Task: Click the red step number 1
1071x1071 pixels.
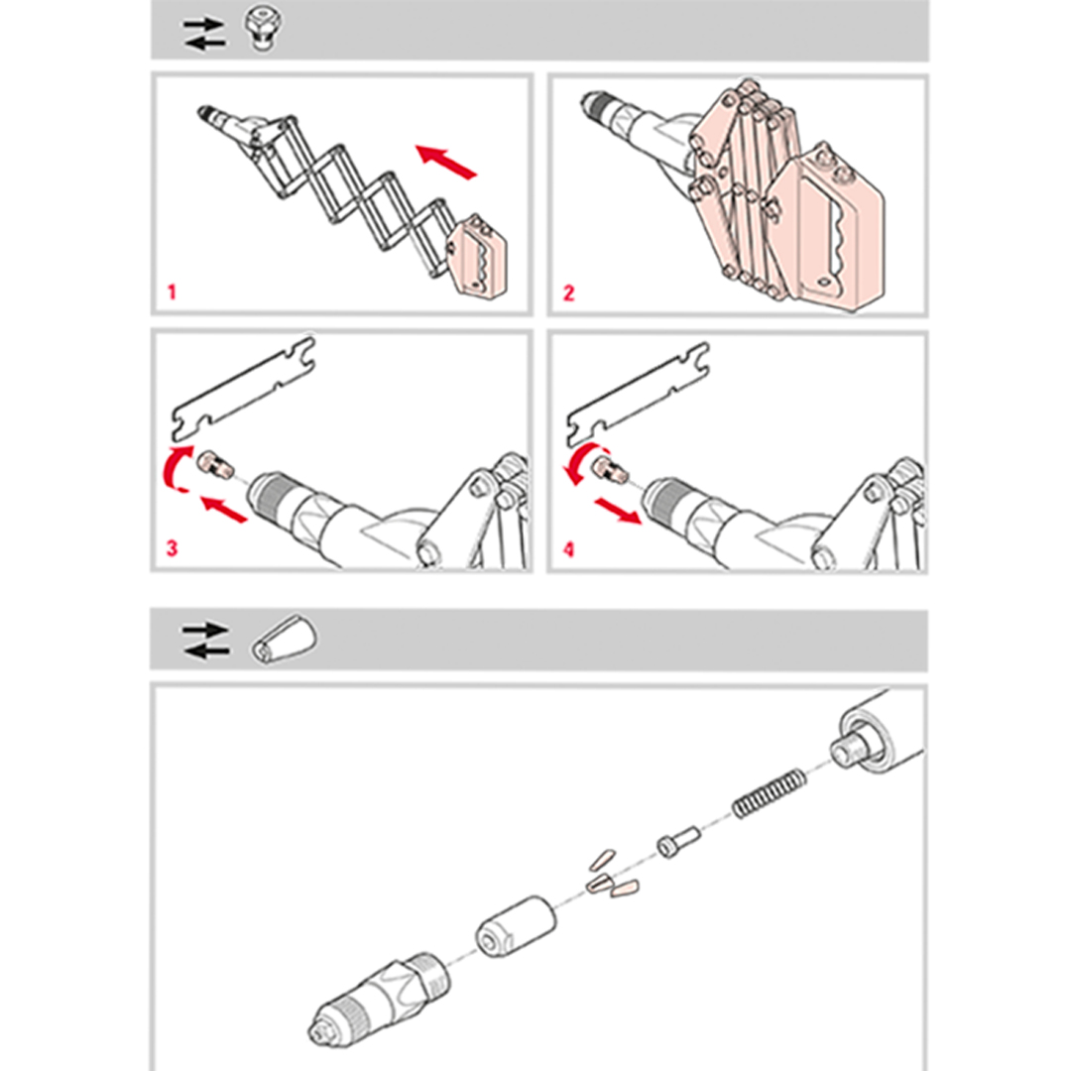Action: tap(173, 293)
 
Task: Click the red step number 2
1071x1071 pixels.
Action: tap(568, 294)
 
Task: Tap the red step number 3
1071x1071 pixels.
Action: tap(172, 548)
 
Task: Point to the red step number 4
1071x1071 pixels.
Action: tap(569, 549)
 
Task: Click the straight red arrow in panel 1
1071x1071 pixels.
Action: tap(446, 162)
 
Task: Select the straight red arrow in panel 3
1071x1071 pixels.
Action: tap(224, 510)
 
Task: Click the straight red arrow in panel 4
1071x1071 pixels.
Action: tap(618, 512)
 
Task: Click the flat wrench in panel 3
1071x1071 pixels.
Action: tap(243, 388)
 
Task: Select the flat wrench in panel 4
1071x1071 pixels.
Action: tap(638, 394)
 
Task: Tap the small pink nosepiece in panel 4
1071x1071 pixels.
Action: tap(611, 468)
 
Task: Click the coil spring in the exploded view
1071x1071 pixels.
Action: tap(770, 793)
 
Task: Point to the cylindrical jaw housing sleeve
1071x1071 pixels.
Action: tap(517, 927)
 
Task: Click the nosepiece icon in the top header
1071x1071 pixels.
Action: tap(263, 29)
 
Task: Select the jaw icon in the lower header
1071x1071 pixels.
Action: tap(285, 640)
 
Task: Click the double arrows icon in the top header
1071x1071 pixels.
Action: tap(204, 34)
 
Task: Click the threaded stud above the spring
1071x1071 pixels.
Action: tap(852, 746)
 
